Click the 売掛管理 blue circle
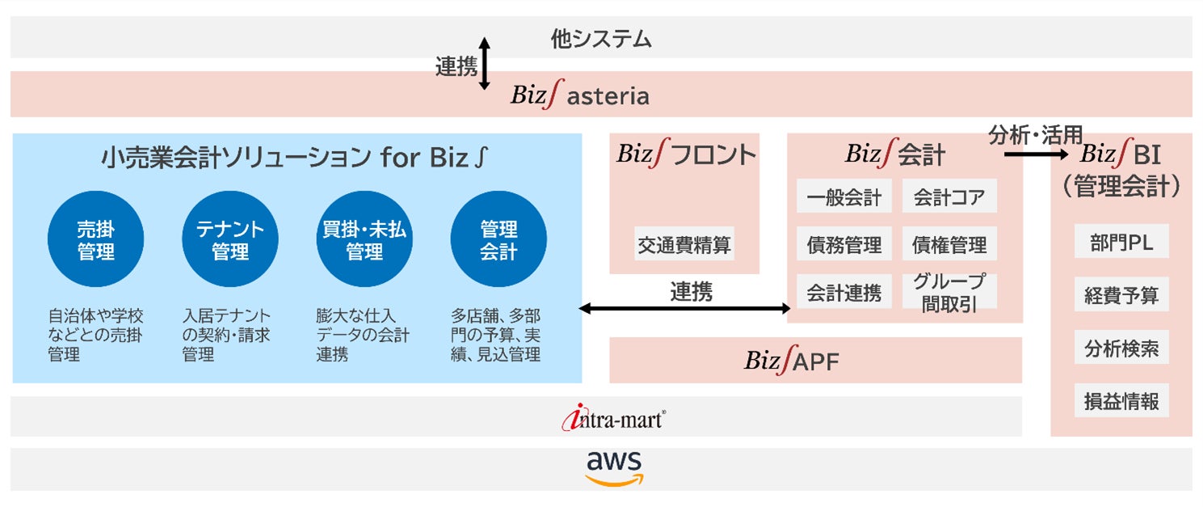coord(96,240)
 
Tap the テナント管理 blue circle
coord(230,240)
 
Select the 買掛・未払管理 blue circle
coord(364,240)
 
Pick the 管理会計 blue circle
coord(498,240)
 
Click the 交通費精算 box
coord(684,243)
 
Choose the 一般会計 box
coord(844,196)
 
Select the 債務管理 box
coord(844,244)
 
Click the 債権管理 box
coord(949,244)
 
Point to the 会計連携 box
coord(844,292)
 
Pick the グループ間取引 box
coord(949,292)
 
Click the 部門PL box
coord(1121,243)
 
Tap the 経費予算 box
coord(1121,296)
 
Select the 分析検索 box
coord(1121,349)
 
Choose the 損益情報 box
coord(1121,401)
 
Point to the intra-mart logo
coord(615,418)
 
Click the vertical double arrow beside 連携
coord(484,63)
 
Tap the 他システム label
coord(601,38)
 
